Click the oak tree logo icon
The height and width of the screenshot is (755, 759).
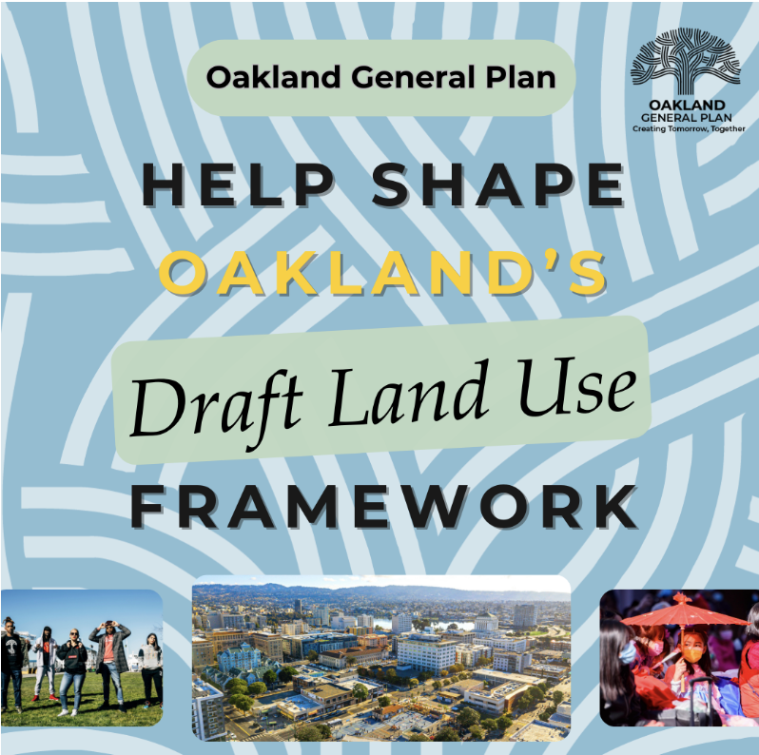[682, 62]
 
